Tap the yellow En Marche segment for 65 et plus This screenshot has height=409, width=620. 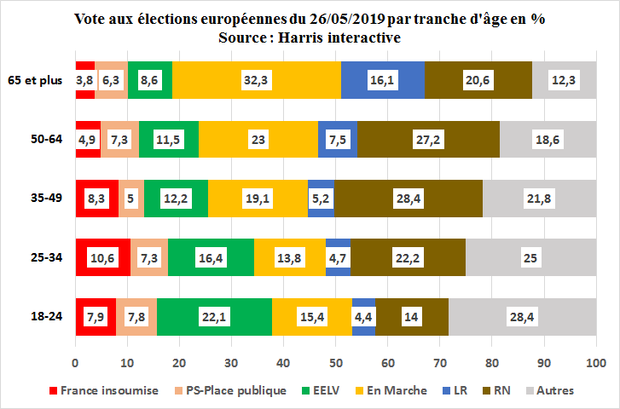(x=257, y=79)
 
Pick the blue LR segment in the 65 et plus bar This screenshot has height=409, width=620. (x=383, y=79)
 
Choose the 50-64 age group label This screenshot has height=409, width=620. (x=46, y=139)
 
